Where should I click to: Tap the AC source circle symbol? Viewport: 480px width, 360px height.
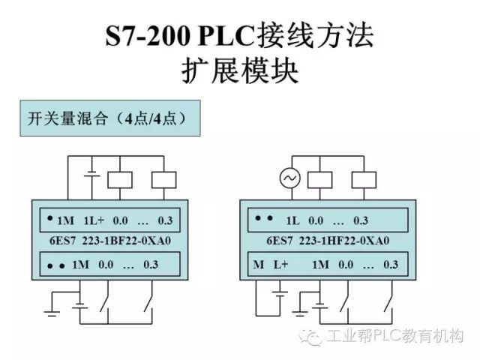click(289, 178)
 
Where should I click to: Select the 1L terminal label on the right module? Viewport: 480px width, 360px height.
click(292, 221)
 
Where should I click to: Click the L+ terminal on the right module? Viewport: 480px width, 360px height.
click(280, 264)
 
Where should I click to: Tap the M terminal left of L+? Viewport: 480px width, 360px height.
click(259, 264)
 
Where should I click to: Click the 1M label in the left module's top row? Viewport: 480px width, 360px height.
click(66, 221)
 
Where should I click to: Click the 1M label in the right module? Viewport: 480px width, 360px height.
click(320, 264)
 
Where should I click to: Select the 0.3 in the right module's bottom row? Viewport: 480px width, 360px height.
click(390, 264)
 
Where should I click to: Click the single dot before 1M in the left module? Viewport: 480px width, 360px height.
click(49, 219)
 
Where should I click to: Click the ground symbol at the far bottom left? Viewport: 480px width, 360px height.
click(52, 308)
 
